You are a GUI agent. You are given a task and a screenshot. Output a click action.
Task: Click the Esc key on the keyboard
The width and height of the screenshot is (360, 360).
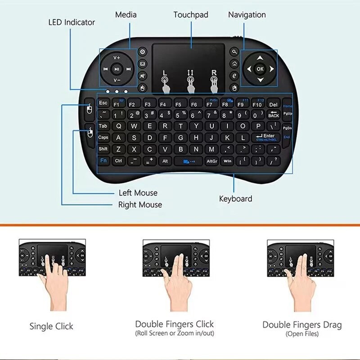point(103,103)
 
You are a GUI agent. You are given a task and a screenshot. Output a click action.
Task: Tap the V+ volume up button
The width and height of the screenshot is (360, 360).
point(117,58)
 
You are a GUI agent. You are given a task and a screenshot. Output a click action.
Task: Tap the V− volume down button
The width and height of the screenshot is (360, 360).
point(117,80)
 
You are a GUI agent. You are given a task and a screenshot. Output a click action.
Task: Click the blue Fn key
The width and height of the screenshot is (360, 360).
point(103,160)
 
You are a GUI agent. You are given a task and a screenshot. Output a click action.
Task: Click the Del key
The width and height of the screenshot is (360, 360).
point(274,104)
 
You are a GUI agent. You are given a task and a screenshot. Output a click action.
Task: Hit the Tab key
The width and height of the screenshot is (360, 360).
point(103,126)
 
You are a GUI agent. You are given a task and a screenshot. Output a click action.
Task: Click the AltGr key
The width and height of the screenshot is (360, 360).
point(211,161)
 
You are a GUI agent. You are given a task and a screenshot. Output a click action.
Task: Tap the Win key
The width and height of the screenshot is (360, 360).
point(227,161)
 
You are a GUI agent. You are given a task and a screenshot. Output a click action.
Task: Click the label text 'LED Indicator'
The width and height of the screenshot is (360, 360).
point(72,22)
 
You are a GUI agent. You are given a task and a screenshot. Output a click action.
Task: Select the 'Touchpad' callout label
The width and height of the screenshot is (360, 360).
point(191,15)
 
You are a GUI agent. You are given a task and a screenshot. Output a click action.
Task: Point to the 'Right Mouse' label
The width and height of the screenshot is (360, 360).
point(140,205)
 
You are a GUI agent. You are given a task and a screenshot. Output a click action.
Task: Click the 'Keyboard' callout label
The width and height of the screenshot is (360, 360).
point(235,198)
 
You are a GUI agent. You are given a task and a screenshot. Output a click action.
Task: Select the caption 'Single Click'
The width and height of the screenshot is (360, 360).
point(51,326)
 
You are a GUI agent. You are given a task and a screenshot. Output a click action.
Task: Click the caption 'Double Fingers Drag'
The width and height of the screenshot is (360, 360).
point(302,324)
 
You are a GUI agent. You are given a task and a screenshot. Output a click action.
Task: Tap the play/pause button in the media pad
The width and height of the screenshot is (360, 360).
point(117,69)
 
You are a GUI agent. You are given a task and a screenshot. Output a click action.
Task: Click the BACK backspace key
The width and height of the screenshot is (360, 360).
point(273,115)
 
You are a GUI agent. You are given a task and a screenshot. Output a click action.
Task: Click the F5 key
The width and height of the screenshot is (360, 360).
point(178,104)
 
